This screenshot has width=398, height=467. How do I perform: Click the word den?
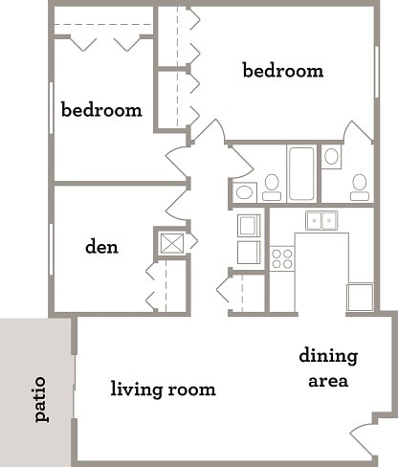101,247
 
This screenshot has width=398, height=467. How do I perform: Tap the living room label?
163,389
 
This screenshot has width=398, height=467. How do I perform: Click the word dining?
328,357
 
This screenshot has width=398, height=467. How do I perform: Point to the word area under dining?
327,380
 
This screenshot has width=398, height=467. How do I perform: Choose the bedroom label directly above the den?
101,109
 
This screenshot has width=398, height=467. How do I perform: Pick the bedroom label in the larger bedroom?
282,71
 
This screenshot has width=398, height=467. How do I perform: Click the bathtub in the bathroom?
301,172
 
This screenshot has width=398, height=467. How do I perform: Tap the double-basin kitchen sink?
321,221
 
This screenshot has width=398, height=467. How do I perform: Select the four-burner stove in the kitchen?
281,257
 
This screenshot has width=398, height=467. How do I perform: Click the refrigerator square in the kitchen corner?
360,297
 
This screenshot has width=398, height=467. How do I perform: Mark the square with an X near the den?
172,242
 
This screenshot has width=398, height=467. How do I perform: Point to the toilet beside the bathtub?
272,183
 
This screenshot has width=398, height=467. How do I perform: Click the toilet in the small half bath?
360,183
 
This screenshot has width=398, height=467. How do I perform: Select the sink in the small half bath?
332,157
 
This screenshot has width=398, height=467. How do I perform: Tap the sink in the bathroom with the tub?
244,192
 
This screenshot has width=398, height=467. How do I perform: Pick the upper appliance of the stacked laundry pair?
249,225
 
